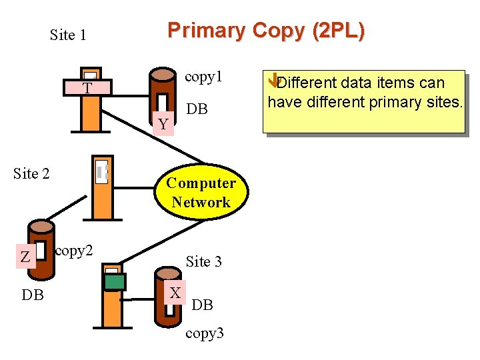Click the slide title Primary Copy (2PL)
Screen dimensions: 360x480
tap(266, 31)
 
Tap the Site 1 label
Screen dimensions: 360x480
tap(68, 35)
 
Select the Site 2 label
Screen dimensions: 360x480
tap(31, 174)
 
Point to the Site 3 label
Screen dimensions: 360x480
tap(203, 261)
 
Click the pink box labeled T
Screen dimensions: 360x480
tap(87, 89)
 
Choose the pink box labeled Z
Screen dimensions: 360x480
tap(25, 257)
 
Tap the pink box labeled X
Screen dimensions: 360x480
tap(175, 293)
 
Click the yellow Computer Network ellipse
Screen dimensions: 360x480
tap(201, 193)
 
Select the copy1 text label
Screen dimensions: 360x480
tap(203, 77)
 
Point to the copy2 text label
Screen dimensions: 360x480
tap(74, 251)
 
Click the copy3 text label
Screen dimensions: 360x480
tap(204, 333)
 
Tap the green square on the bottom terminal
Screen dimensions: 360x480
tap(115, 282)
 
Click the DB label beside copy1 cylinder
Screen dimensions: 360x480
tap(197, 109)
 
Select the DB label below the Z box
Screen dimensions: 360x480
tap(33, 294)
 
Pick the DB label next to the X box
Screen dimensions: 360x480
tap(202, 305)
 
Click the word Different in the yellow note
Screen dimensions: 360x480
tap(307, 83)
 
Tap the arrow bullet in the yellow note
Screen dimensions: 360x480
tap(272, 82)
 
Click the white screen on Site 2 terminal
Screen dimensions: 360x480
tap(101, 171)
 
